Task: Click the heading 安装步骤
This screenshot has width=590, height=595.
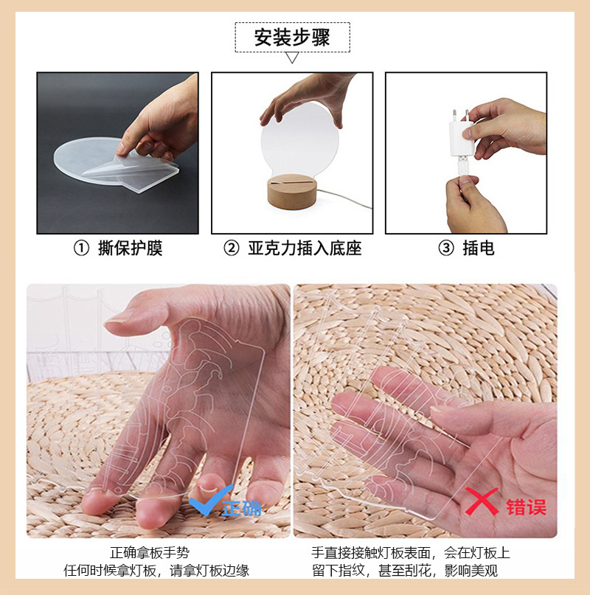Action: [x=292, y=37]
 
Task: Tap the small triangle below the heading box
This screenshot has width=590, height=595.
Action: [x=292, y=58]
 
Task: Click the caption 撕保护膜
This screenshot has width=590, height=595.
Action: [x=130, y=248]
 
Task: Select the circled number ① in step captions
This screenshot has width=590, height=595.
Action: [x=81, y=248]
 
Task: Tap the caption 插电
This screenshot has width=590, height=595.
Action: [x=478, y=248]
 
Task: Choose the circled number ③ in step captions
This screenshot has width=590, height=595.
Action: [x=446, y=248]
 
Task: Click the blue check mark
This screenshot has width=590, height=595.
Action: [x=204, y=505]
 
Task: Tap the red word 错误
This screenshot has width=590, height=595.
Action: [x=526, y=507]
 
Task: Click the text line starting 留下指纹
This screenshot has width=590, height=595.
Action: [x=410, y=570]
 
